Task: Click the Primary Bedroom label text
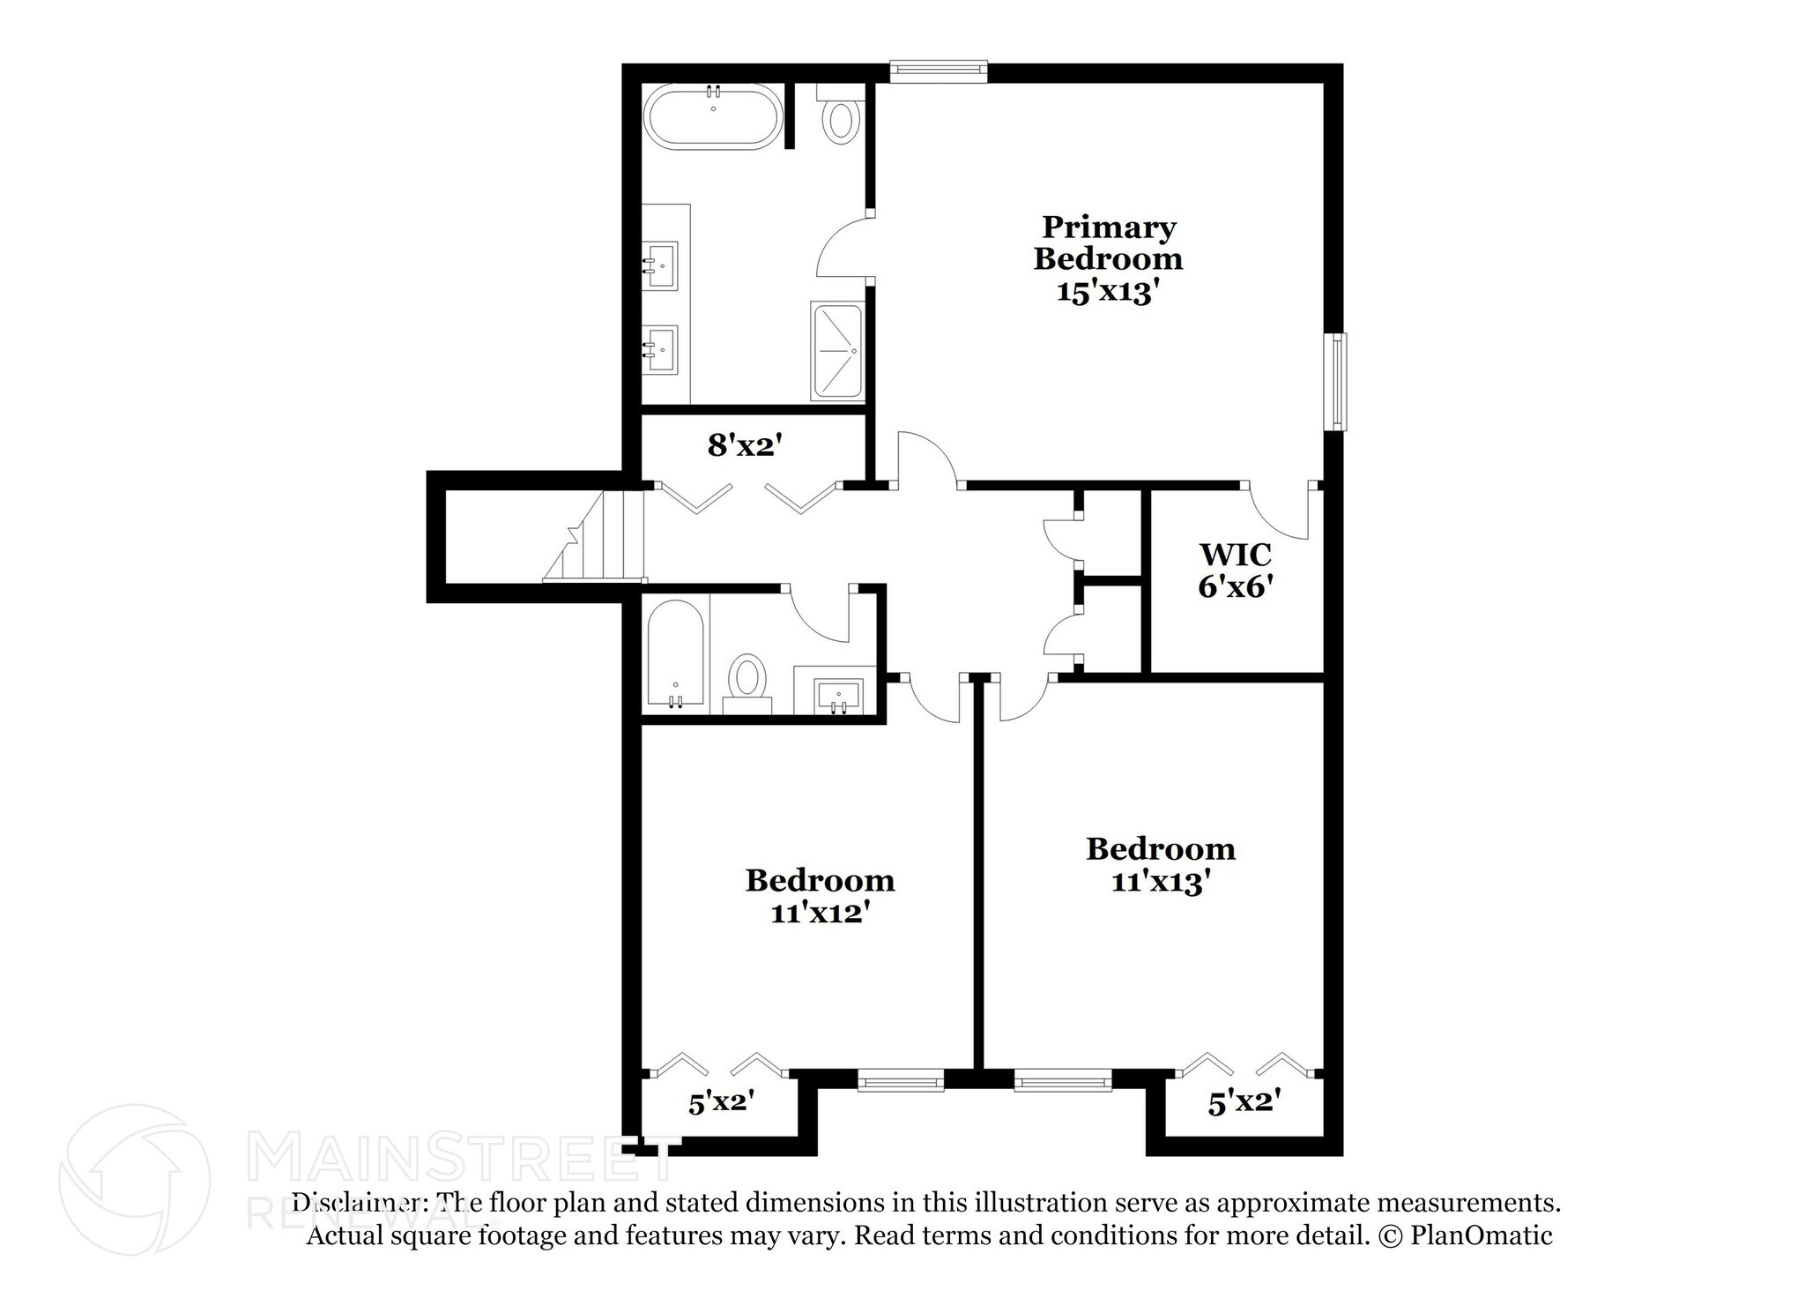tap(1108, 243)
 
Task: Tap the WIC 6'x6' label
tap(1236, 570)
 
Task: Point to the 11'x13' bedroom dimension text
tap(1157, 881)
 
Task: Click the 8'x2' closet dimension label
tap(745, 445)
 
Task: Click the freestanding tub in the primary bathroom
tap(713, 117)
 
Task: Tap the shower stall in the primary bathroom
tap(836, 350)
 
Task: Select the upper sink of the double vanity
tap(659, 264)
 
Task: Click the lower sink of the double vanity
tap(659, 349)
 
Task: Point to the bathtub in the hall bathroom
tap(675, 653)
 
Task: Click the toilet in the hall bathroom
tap(748, 679)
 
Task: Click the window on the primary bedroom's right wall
tap(1339, 382)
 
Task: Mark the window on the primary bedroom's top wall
tap(938, 71)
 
